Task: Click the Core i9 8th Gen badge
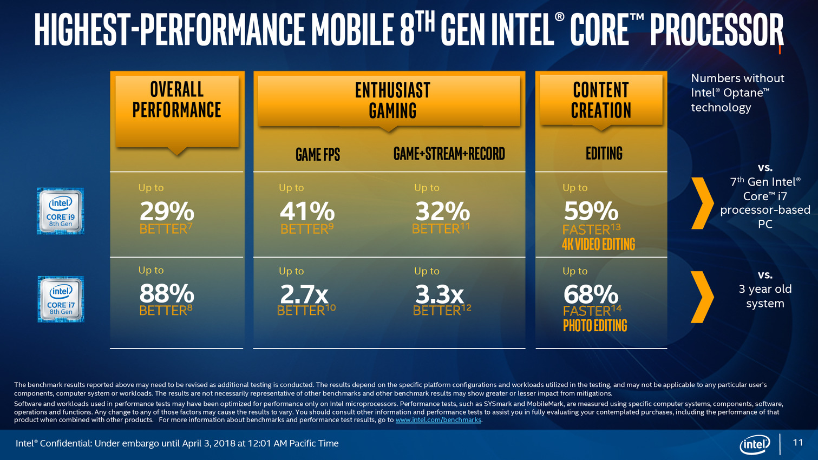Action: pos(60,211)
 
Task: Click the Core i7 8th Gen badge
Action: pos(61,299)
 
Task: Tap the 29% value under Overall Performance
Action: pos(167,211)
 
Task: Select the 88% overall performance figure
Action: pos(167,294)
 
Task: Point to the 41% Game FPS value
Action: pos(307,211)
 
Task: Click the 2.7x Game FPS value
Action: pos(304,294)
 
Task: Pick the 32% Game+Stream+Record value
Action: pos(442,211)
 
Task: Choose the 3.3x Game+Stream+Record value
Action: pos(440,294)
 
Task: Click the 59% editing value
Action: pos(591,211)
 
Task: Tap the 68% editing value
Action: pos(591,294)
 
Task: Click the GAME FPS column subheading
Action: pos(318,155)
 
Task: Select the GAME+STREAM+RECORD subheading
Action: pos(449,154)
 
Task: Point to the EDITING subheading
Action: pos(604,154)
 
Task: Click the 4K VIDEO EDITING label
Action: pos(598,245)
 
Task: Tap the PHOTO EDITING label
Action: pos(595,326)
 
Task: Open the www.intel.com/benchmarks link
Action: pos(438,420)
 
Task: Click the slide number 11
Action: pos(797,443)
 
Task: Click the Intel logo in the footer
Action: pos(755,444)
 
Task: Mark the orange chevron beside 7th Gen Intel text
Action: pos(703,203)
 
